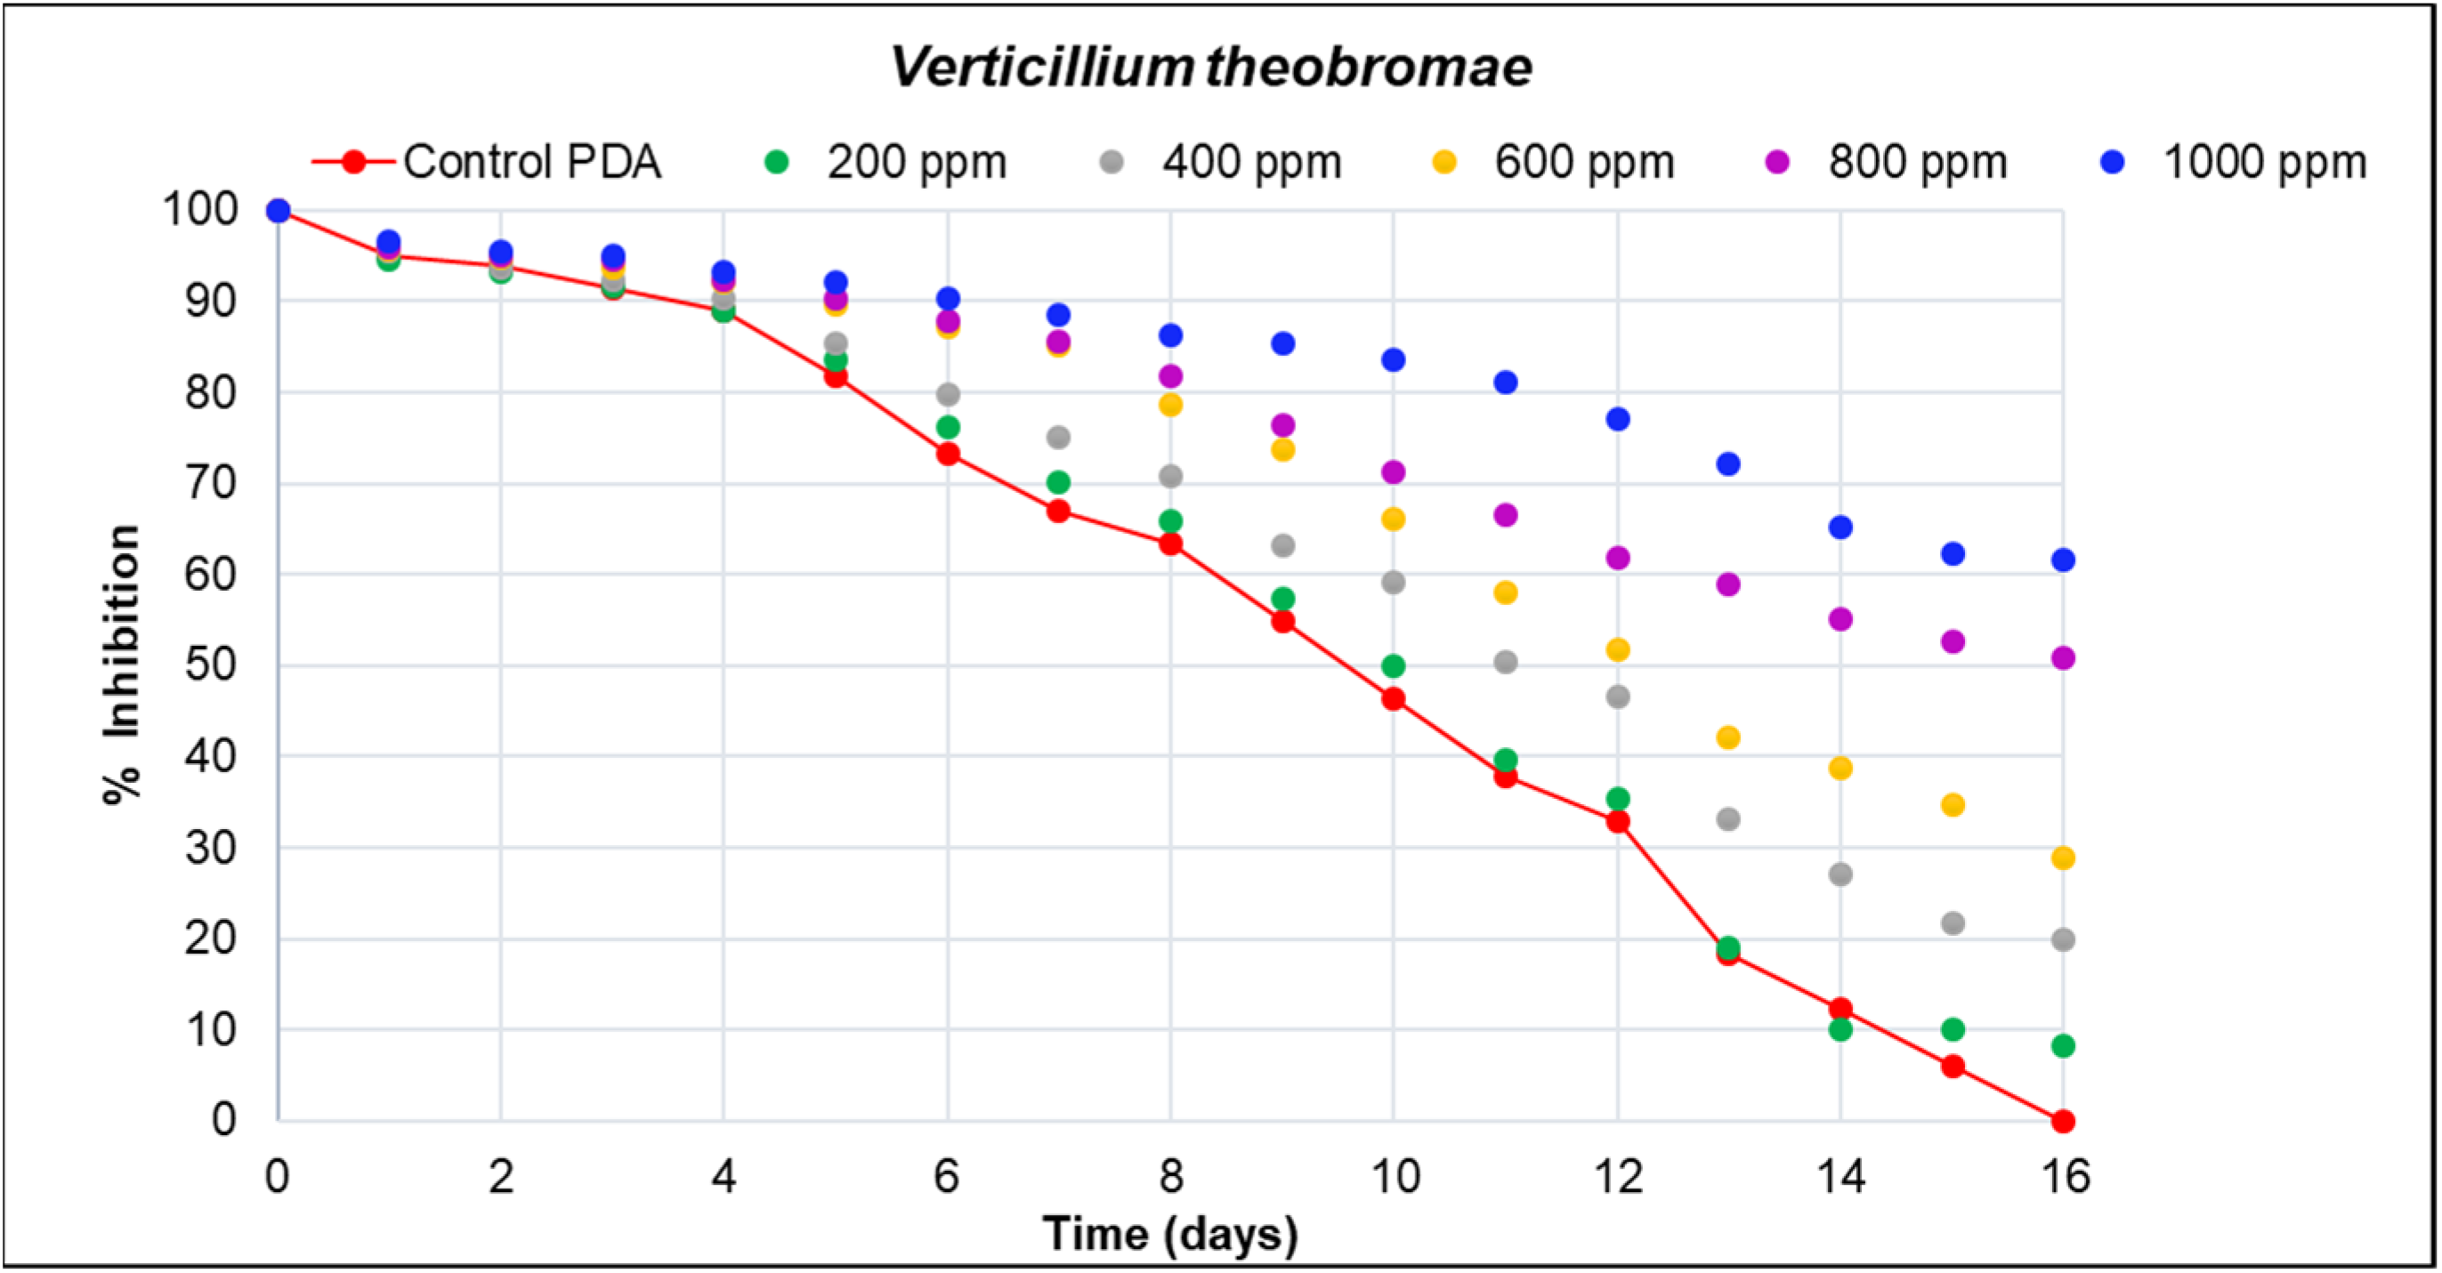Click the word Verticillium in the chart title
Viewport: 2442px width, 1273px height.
[1041, 68]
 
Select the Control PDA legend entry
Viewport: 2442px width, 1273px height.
[485, 162]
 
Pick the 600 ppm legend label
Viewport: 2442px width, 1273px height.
[1583, 162]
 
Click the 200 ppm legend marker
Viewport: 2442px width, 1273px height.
[776, 162]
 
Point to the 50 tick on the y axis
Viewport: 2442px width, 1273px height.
[210, 665]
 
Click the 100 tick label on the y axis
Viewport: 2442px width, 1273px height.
[200, 209]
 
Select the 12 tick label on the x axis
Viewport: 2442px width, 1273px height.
[1617, 1176]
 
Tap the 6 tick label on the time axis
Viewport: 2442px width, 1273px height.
[946, 1176]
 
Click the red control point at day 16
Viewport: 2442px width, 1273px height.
[2063, 1122]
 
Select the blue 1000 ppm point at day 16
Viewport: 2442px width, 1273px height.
[2063, 560]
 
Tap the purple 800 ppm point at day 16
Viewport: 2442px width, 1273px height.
[2063, 657]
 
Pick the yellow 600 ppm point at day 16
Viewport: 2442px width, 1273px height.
[2063, 858]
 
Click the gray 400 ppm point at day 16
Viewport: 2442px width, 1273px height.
[2063, 939]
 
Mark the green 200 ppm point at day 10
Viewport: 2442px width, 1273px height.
[1393, 665]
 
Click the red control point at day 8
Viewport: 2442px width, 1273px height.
[1171, 544]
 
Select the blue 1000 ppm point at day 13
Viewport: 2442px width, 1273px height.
[1728, 464]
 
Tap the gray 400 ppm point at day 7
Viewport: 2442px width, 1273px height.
[1058, 437]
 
